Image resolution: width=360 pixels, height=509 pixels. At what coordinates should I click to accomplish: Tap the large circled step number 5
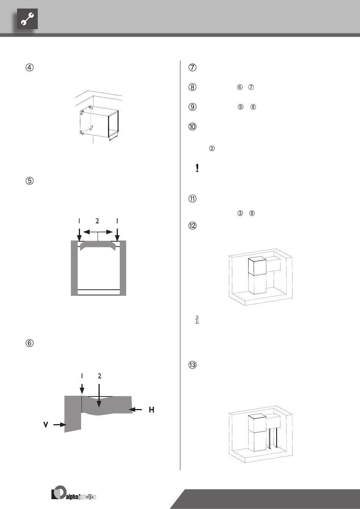pos(30,181)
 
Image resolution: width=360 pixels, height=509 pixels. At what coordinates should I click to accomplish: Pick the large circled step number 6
pos(30,343)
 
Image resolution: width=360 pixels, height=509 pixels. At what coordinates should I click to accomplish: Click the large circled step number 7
pos(193,68)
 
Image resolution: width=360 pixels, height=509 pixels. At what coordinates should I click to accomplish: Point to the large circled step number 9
pos(193,107)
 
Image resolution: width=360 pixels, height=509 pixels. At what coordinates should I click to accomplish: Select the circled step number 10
pos(193,127)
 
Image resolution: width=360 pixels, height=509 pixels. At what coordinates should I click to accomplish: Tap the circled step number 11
pos(193,199)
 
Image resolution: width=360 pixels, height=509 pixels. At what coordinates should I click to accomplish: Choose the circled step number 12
pos(193,226)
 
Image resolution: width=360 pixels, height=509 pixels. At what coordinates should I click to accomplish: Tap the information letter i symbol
pos(197,320)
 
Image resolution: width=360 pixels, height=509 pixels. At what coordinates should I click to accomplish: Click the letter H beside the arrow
pos(151,410)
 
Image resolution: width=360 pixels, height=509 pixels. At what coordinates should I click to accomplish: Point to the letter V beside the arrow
pos(45,425)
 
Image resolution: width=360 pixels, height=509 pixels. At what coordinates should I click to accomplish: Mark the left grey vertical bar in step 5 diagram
pos(74,268)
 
